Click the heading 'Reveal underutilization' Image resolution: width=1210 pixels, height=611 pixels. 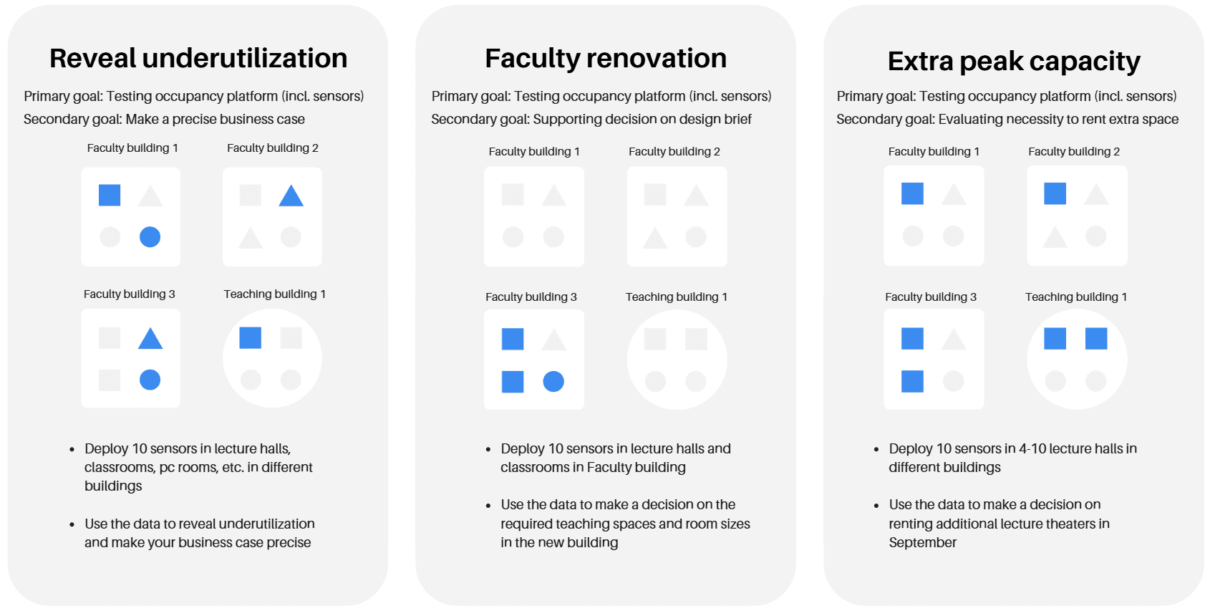198,58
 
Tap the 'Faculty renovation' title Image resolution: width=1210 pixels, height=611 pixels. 606,58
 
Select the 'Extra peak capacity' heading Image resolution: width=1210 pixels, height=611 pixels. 1014,61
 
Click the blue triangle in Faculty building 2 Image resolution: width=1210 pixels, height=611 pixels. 291,196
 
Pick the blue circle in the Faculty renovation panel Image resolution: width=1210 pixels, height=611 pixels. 553,381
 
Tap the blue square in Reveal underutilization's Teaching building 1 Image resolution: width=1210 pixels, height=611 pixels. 250,337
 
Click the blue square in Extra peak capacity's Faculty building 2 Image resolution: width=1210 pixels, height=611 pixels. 1055,193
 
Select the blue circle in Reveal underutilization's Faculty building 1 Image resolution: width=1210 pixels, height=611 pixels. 150,236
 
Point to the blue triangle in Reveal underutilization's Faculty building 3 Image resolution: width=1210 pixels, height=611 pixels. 150,338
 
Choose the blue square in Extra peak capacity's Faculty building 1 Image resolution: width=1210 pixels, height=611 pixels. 912,193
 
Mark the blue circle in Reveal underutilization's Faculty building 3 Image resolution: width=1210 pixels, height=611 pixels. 150,380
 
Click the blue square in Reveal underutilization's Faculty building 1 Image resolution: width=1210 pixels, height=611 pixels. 109,195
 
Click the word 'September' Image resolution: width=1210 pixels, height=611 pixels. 923,542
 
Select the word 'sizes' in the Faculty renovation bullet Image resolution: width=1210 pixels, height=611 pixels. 735,524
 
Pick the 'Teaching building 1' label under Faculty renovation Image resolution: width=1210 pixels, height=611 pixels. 677,297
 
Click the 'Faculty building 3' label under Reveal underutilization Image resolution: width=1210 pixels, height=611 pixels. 129,294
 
